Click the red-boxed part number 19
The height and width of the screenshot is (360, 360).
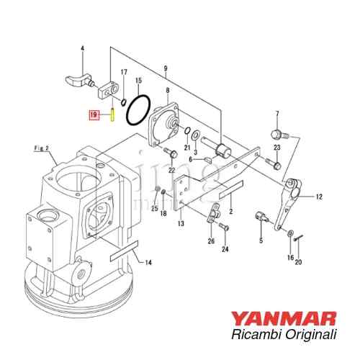point(93,114)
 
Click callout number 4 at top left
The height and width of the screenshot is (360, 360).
point(82,49)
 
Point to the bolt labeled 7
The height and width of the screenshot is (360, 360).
point(278,135)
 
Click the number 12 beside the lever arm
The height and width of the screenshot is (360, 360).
point(319,196)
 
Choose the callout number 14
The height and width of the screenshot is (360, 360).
point(148,263)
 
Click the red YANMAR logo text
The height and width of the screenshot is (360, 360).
point(294,318)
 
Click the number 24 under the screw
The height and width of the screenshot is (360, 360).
point(225,249)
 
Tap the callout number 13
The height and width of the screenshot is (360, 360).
point(181,225)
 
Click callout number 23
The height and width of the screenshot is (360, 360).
point(277,148)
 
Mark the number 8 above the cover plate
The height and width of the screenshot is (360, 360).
point(167,89)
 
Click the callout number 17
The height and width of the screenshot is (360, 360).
point(124,72)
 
